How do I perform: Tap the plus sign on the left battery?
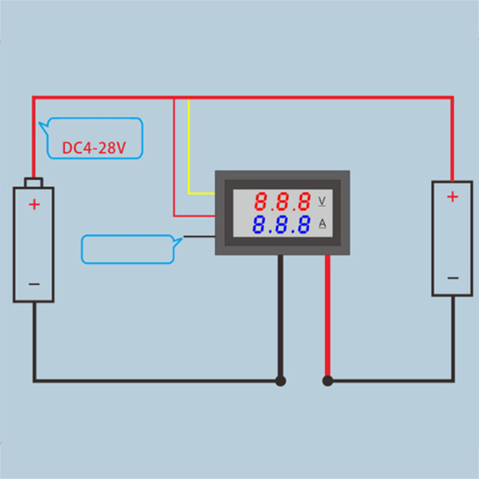pos(34,205)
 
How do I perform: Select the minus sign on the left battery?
pos(34,283)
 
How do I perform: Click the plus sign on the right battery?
pos(453,196)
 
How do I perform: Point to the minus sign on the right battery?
pos(453,278)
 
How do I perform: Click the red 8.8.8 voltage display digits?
pos(282,201)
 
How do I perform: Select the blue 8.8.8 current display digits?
pos(281,225)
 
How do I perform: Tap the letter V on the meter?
pos(322,200)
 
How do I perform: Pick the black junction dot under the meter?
pos(280,380)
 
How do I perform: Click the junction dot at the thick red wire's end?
pos(328,380)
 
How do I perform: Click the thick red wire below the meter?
pos(328,317)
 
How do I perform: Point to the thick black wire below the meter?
pos(280,317)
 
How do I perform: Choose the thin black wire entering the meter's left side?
pos(199,237)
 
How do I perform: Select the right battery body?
pos(452,239)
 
